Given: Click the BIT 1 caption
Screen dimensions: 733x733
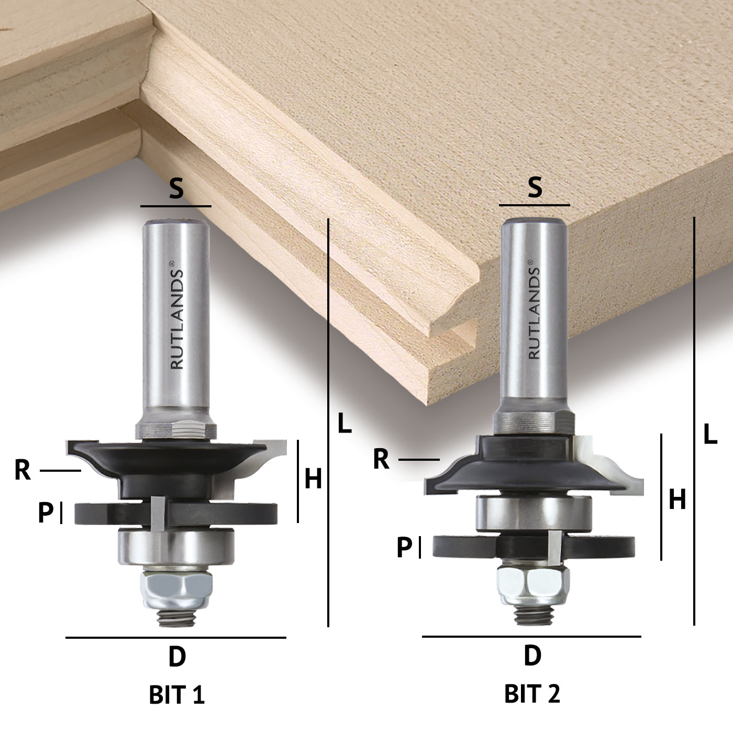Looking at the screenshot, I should (x=177, y=695).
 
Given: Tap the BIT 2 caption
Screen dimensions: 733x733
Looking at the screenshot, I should (x=532, y=694).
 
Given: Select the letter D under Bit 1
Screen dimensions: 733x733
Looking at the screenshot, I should (x=177, y=657).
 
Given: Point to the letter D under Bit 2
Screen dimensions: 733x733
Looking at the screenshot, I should (x=532, y=656).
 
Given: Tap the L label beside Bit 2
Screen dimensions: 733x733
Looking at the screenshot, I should (x=710, y=435).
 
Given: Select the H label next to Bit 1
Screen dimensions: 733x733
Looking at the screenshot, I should (x=313, y=479).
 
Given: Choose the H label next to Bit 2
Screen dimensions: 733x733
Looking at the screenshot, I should (x=678, y=501).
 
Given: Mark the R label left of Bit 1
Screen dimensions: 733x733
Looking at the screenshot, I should (x=23, y=471).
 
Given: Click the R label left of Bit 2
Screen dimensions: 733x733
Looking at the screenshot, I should (x=381, y=459).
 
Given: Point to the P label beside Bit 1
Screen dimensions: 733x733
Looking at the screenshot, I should (x=46, y=513).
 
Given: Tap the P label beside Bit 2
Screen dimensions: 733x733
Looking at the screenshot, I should (x=404, y=548).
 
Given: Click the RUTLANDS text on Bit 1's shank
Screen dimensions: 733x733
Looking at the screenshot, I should (x=177, y=319).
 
